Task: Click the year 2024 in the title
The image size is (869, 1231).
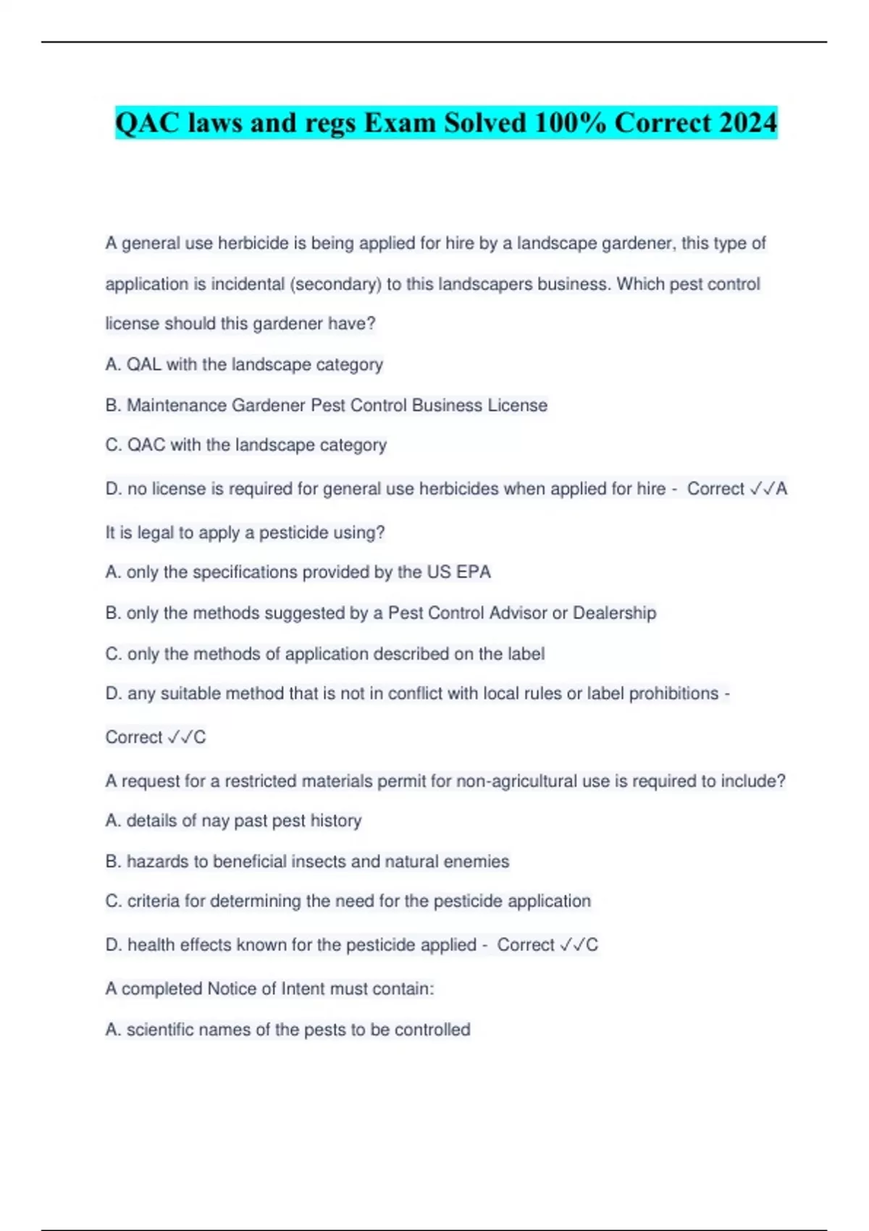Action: (748, 122)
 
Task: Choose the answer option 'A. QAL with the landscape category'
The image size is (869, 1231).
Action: (244, 364)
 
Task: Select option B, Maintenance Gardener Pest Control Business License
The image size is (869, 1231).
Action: (326, 405)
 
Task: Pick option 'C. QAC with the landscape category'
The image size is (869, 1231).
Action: (245, 445)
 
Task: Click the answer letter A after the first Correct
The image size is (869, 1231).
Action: (781, 489)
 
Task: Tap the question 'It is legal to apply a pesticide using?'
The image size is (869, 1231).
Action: (245, 533)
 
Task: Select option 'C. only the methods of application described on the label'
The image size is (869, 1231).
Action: (324, 654)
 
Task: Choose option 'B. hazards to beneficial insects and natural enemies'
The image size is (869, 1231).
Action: (307, 861)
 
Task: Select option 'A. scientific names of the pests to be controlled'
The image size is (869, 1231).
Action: (287, 1030)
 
